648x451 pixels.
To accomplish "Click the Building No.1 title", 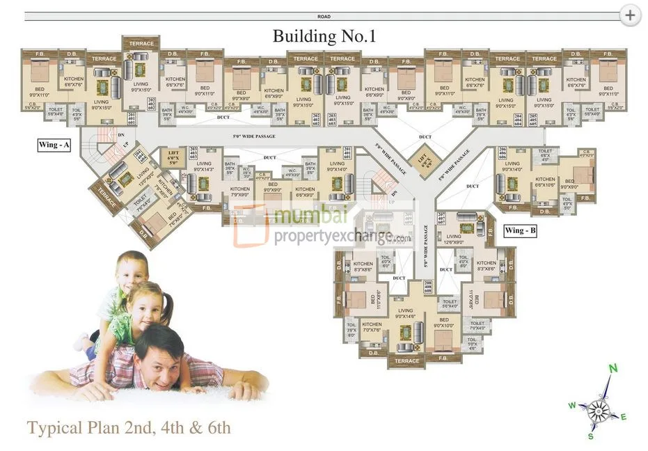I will pos(324,36).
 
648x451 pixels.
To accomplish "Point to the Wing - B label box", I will pos(521,230).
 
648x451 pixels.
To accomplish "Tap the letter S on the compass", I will pos(591,436).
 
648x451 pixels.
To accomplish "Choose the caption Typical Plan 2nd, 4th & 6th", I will pos(129,427).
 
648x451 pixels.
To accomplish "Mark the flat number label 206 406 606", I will pos(503,155).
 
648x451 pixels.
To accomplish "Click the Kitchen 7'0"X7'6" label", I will pos(372,328).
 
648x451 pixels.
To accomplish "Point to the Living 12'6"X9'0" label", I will pos(454,239).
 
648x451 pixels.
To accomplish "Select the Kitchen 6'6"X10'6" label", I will pos(545,182).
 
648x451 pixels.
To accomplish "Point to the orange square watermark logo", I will pos(251,224).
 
